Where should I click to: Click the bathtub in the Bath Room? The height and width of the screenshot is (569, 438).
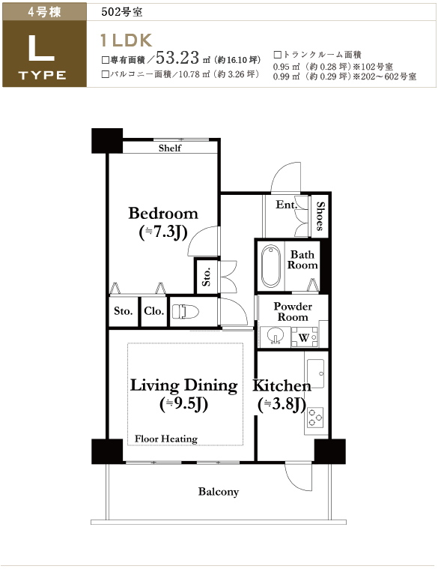[270, 266]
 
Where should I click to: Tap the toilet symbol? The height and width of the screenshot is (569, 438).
[186, 311]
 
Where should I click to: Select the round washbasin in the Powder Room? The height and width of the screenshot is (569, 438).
[276, 337]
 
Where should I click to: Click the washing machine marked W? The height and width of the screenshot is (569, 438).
[304, 337]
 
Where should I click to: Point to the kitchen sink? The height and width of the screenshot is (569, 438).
[316, 374]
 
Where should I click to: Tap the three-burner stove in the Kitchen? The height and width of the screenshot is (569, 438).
[315, 417]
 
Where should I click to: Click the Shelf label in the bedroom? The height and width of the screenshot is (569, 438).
[169, 148]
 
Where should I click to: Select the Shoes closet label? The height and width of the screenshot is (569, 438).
[320, 216]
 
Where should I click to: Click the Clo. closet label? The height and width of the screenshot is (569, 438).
[154, 311]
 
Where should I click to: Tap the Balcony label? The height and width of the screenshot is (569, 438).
[219, 492]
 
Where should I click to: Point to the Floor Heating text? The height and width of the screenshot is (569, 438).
[166, 439]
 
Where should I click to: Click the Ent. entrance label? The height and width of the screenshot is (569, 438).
[286, 205]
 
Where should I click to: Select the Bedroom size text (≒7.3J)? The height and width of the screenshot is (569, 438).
[163, 232]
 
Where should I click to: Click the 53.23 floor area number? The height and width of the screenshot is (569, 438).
[177, 57]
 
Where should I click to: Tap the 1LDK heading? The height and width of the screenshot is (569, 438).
[126, 40]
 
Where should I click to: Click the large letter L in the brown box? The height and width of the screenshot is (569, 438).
[41, 48]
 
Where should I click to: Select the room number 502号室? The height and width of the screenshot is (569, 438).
[122, 12]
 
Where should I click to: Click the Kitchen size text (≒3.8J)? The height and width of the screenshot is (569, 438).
[282, 405]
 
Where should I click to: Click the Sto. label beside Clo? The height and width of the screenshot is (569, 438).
[124, 311]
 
